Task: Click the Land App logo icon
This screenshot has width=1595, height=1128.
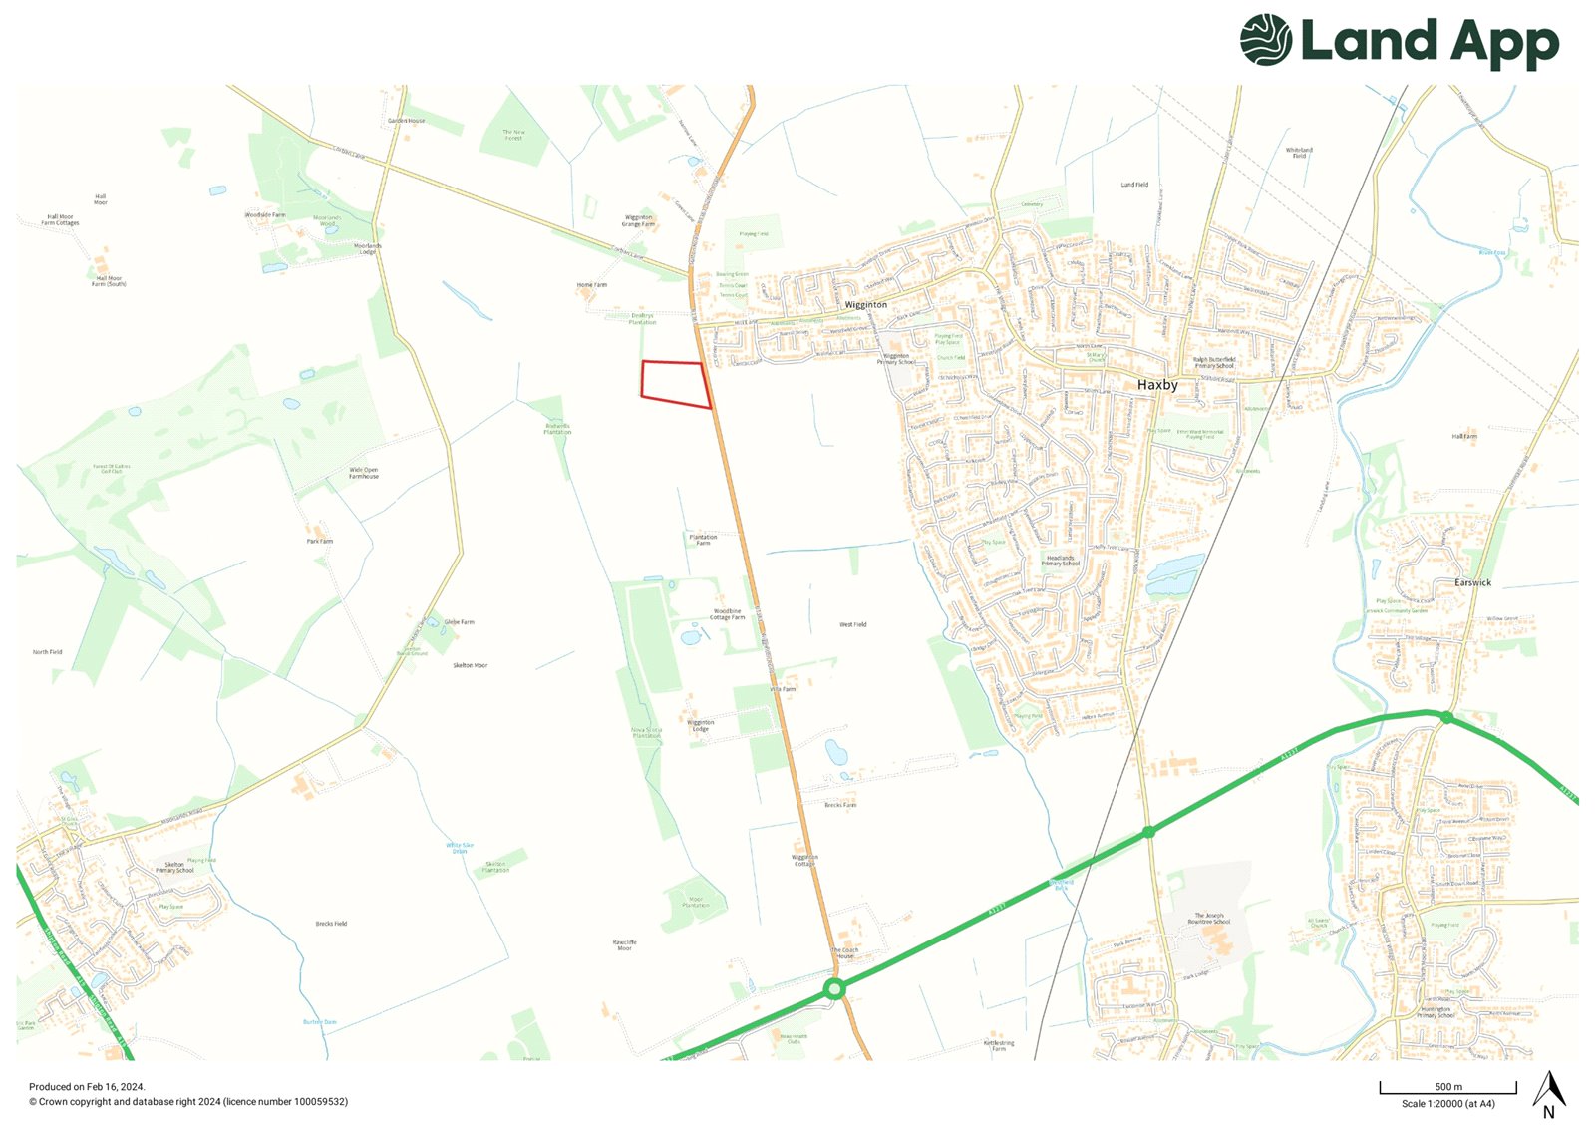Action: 1266,40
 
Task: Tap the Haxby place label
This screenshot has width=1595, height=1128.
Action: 1157,385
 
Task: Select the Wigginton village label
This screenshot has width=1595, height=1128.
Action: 865,305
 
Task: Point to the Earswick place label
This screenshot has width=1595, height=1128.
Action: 1472,582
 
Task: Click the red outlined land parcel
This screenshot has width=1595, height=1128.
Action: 674,383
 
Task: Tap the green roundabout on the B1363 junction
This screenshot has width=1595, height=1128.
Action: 835,989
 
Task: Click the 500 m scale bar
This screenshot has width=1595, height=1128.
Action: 1447,1088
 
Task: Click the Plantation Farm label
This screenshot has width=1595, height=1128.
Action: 703,540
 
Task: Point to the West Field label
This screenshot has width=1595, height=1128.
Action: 852,625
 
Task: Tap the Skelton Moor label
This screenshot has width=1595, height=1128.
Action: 471,665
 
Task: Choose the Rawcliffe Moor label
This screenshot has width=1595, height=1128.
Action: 624,944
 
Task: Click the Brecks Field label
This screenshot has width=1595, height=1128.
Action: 331,924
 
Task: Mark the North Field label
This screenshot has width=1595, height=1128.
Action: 47,652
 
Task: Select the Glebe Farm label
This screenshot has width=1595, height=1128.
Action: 460,622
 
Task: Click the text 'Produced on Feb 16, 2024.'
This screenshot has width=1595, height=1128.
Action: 87,1087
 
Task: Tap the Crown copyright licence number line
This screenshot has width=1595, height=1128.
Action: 188,1102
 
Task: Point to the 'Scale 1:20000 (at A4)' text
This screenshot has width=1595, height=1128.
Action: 1447,1104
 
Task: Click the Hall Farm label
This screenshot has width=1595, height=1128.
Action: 1464,437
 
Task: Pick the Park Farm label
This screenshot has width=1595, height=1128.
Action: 320,541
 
